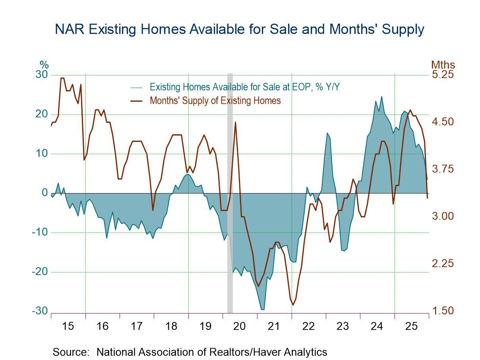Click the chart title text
240,29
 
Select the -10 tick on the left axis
40,232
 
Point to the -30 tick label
40,311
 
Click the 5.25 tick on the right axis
443,75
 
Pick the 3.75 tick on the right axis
443,169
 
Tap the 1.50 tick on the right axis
443,311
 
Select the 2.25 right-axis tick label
443,263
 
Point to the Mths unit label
443,65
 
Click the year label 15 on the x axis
68,326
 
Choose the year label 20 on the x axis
240,326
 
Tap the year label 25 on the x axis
411,326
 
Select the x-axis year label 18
171,326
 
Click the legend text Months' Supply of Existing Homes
215,101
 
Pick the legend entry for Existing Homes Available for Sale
244,87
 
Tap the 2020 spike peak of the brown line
235,122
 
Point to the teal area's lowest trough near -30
263,309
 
